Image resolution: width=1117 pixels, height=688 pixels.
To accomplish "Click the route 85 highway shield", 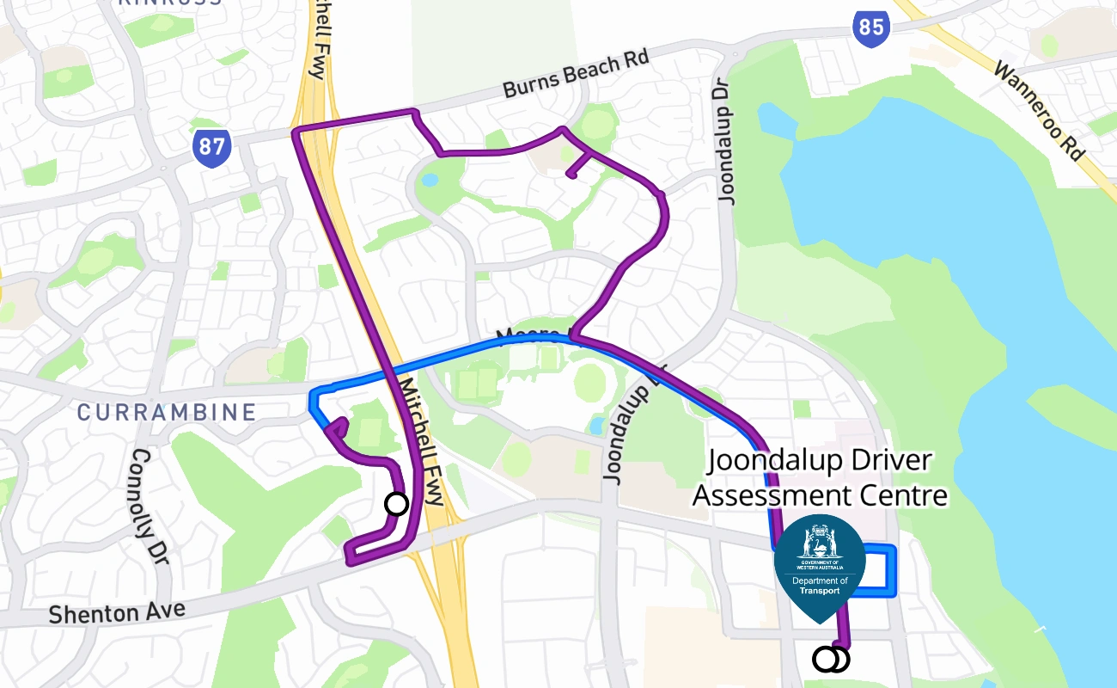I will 870,27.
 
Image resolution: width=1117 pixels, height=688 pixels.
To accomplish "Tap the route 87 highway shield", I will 211,148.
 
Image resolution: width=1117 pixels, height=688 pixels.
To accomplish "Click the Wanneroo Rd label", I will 1038,109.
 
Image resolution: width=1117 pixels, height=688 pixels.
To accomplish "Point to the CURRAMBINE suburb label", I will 167,412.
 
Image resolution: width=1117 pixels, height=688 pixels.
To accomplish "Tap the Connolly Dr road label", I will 149,507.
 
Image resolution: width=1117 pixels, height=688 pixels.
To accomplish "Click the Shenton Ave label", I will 117,612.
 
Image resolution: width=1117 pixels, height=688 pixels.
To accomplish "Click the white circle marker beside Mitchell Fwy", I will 396,503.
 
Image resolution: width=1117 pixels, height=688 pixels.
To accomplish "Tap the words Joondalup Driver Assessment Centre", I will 820,478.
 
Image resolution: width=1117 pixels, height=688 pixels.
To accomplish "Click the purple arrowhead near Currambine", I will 339,427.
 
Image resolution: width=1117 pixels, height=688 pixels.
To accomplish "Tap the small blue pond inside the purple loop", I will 429,181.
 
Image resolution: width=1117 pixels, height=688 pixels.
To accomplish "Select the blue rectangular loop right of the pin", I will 881,569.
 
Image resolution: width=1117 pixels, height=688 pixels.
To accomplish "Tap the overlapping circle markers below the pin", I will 830,660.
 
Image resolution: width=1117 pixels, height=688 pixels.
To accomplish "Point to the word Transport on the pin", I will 818,591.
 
